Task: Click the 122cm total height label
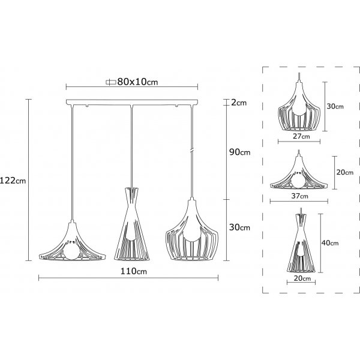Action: pyautogui.click(x=13, y=181)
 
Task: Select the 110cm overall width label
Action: pyautogui.click(x=134, y=271)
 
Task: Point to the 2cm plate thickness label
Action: pyautogui.click(x=239, y=103)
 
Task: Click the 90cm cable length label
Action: pyautogui.click(x=240, y=152)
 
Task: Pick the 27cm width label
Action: pyautogui.click(x=301, y=136)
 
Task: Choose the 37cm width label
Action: pyautogui.click(x=300, y=196)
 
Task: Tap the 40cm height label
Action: pyautogui.click(x=330, y=242)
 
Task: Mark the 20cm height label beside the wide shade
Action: pyautogui.click(x=345, y=172)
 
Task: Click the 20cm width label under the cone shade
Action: pyautogui.click(x=302, y=278)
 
